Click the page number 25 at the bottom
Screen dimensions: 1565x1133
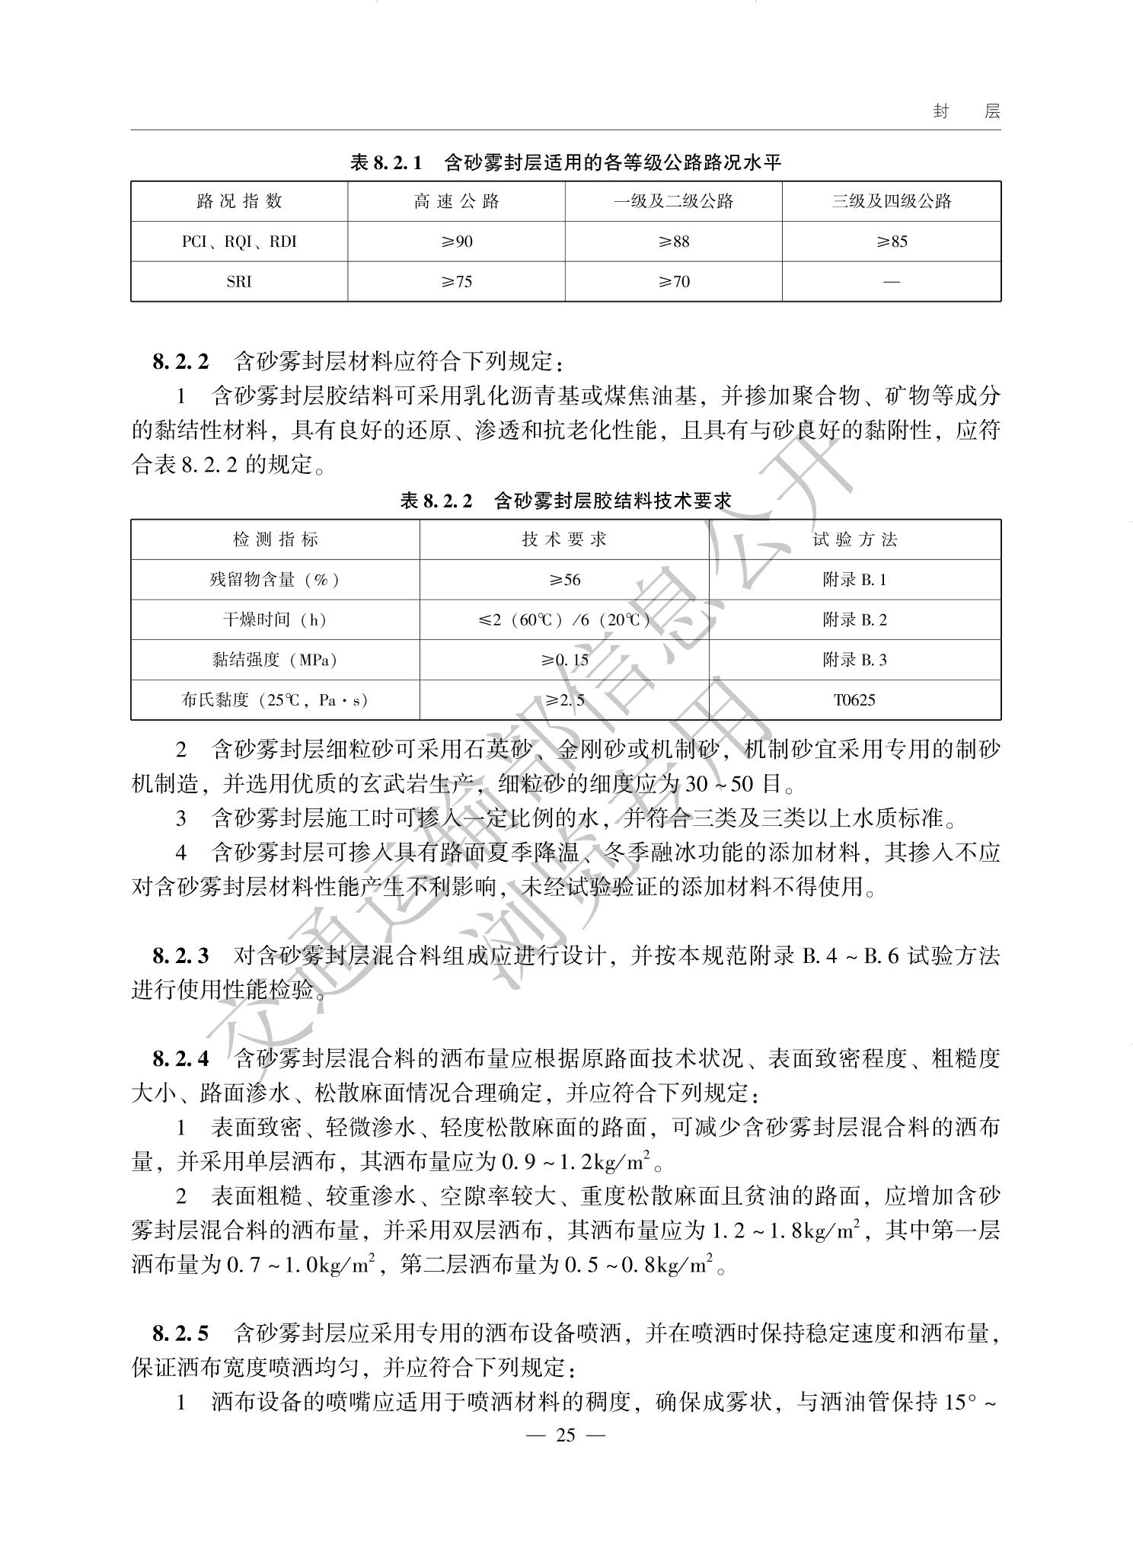[566, 1435]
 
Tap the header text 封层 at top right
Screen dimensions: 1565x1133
[966, 111]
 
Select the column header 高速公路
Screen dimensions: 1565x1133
[456, 201]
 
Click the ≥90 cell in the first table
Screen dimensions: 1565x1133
[456, 242]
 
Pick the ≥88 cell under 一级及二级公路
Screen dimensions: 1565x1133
[673, 242]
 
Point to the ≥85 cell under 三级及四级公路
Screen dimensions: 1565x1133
[891, 242]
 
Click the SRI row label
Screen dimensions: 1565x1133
[239, 282]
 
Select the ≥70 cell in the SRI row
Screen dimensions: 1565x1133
[673, 282]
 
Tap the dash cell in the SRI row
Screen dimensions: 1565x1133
[891, 282]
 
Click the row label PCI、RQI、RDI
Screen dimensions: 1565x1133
[239, 242]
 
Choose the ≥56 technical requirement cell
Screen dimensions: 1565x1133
[564, 580]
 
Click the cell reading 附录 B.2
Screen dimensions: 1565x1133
[854, 619]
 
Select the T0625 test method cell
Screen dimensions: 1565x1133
[854, 699]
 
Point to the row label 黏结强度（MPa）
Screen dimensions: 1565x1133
[275, 660]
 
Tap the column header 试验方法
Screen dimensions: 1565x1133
[854, 539]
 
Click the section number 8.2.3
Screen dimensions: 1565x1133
[180, 955]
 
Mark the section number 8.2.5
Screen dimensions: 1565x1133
[180, 1333]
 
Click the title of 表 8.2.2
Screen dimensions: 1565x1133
[566, 501]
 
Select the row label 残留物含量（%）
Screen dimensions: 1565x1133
[275, 580]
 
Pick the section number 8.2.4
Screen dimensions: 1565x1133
[180, 1058]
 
